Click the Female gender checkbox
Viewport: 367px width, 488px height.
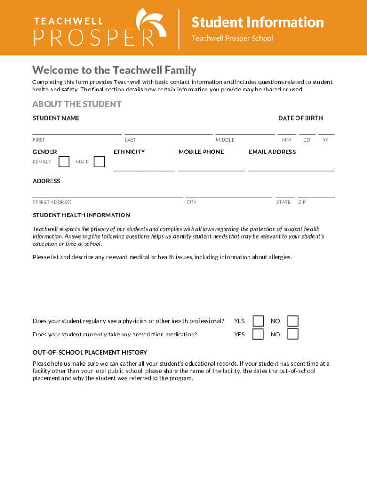[64, 162]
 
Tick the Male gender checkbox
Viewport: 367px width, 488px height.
[99, 162]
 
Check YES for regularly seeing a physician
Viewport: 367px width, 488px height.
[258, 321]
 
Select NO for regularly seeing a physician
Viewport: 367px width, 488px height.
[293, 321]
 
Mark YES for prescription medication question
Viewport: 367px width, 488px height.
[258, 334]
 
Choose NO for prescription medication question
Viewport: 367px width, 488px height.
[293, 334]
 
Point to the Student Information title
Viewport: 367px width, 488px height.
[257, 22]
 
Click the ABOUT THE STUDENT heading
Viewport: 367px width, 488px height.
[77, 104]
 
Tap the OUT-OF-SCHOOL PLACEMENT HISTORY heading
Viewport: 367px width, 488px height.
[90, 352]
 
